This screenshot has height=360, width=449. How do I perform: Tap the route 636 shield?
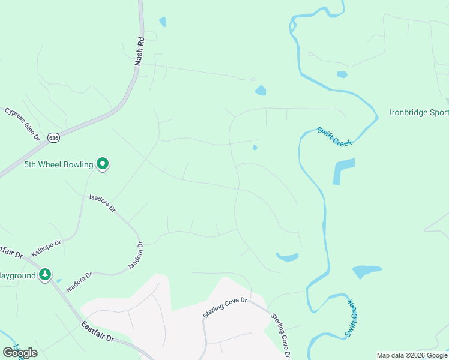point(55,137)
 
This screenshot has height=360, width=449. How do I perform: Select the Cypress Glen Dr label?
point(22,124)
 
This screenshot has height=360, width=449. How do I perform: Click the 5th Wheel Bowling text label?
point(58,164)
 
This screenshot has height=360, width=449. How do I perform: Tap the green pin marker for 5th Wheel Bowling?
point(103,163)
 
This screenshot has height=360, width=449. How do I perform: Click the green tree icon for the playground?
point(45,275)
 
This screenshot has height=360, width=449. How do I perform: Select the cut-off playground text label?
point(17,275)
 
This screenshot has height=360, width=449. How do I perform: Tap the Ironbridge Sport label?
point(418,112)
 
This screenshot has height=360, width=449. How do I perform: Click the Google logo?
point(20,353)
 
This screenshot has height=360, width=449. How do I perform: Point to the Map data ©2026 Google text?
point(412,355)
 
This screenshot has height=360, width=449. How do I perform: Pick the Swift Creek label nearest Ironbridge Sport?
point(334,136)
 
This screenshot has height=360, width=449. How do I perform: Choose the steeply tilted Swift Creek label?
point(352,323)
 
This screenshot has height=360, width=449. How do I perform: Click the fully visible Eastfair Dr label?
point(97,331)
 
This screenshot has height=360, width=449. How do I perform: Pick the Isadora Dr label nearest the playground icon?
point(79,283)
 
